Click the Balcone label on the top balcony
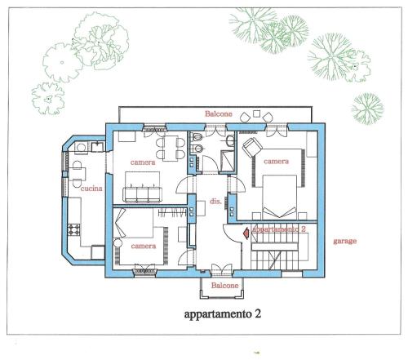(219, 113)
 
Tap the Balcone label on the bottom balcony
(224, 286)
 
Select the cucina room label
(91, 189)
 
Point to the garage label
(345, 241)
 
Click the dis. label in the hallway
(215, 202)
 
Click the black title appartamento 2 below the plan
(223, 314)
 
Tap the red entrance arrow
(246, 233)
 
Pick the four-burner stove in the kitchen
(74, 229)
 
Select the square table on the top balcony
(256, 113)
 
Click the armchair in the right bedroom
(251, 147)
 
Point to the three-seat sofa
(142, 193)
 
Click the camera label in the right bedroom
(276, 162)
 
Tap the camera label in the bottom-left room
(144, 247)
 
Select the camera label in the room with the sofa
(143, 162)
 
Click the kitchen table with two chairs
(77, 174)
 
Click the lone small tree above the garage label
(367, 109)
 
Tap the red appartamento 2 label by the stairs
(279, 229)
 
